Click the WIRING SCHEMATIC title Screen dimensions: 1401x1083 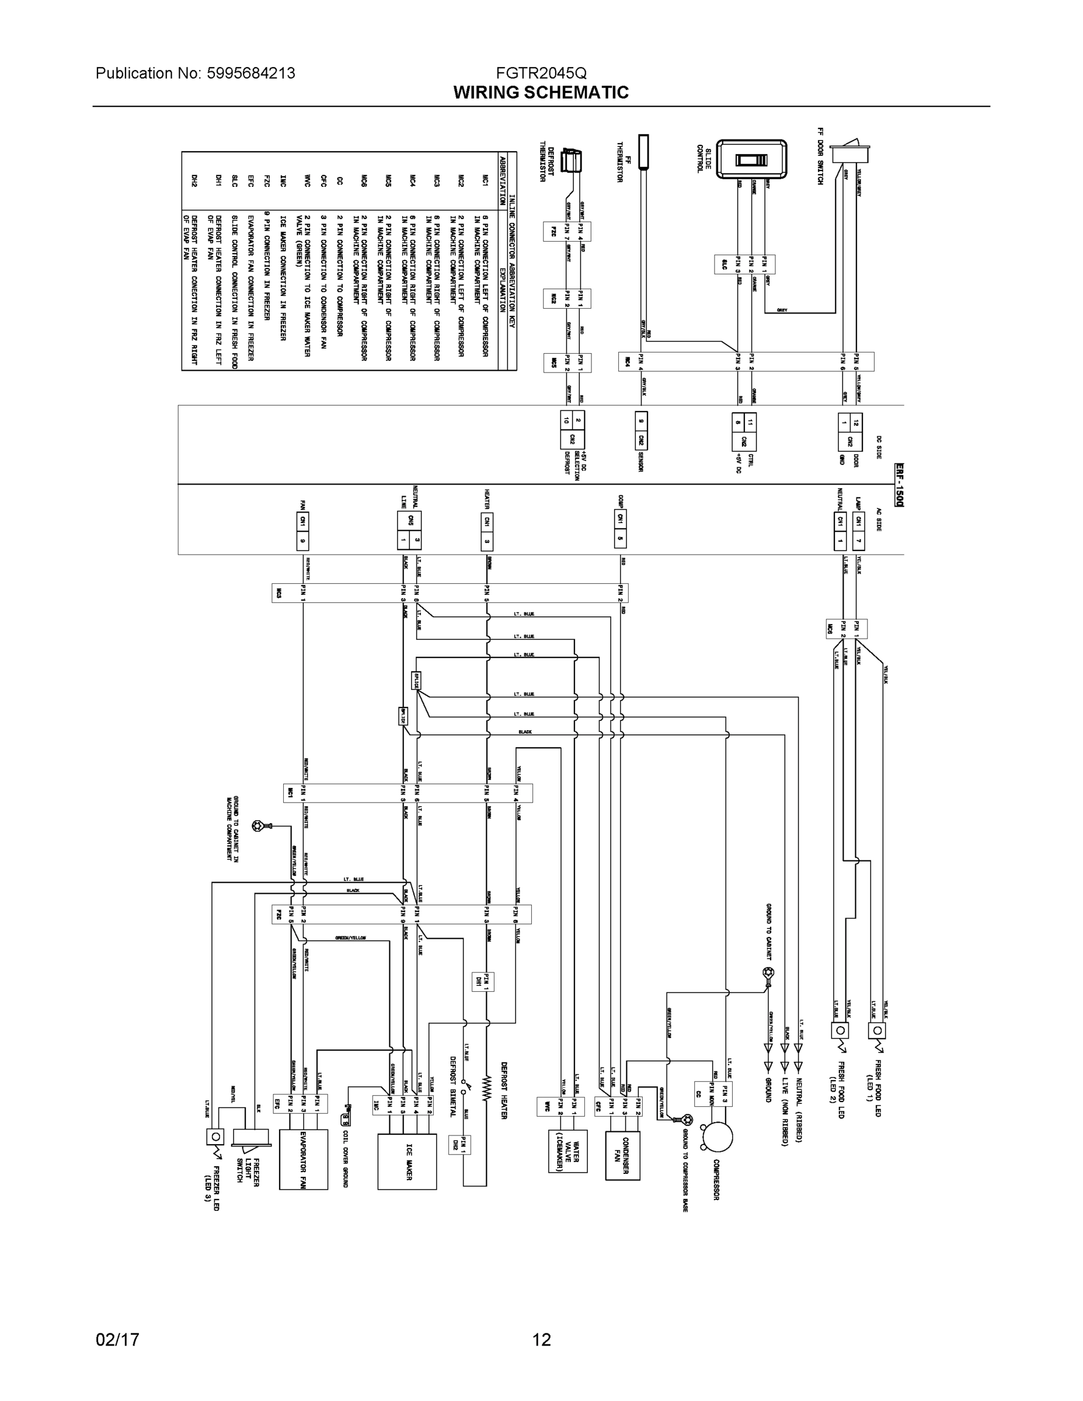[541, 92]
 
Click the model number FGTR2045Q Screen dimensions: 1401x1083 [541, 73]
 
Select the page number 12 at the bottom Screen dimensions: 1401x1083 [541, 1340]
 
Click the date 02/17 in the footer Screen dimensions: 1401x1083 [117, 1340]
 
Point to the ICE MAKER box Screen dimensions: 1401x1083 [407, 1162]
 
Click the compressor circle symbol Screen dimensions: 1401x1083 [717, 1137]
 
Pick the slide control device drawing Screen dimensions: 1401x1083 [751, 159]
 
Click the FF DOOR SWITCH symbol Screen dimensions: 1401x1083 [850, 153]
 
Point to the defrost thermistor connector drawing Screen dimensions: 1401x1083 [571, 160]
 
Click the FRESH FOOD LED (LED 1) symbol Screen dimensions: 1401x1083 [877, 1031]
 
